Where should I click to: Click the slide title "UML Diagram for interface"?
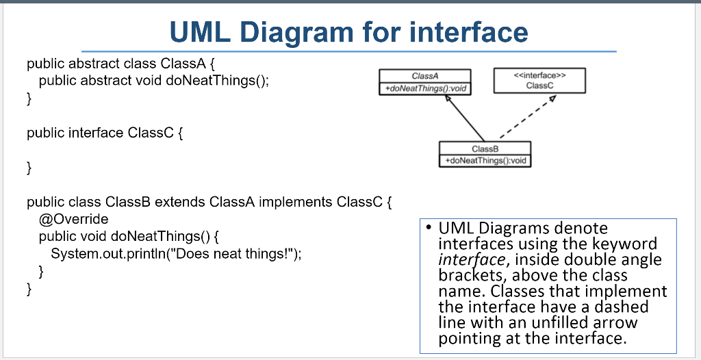[348, 31]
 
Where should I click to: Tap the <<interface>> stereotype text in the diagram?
[539, 75]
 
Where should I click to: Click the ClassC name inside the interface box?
[539, 86]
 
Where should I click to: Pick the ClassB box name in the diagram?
[485, 149]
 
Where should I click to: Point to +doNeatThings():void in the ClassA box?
[425, 88]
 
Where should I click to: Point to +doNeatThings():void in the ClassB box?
[485, 160]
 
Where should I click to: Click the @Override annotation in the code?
[74, 220]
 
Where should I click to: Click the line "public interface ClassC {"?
[105, 133]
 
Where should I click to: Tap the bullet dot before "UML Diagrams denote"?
[426, 228]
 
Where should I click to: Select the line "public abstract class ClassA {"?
[121, 64]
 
